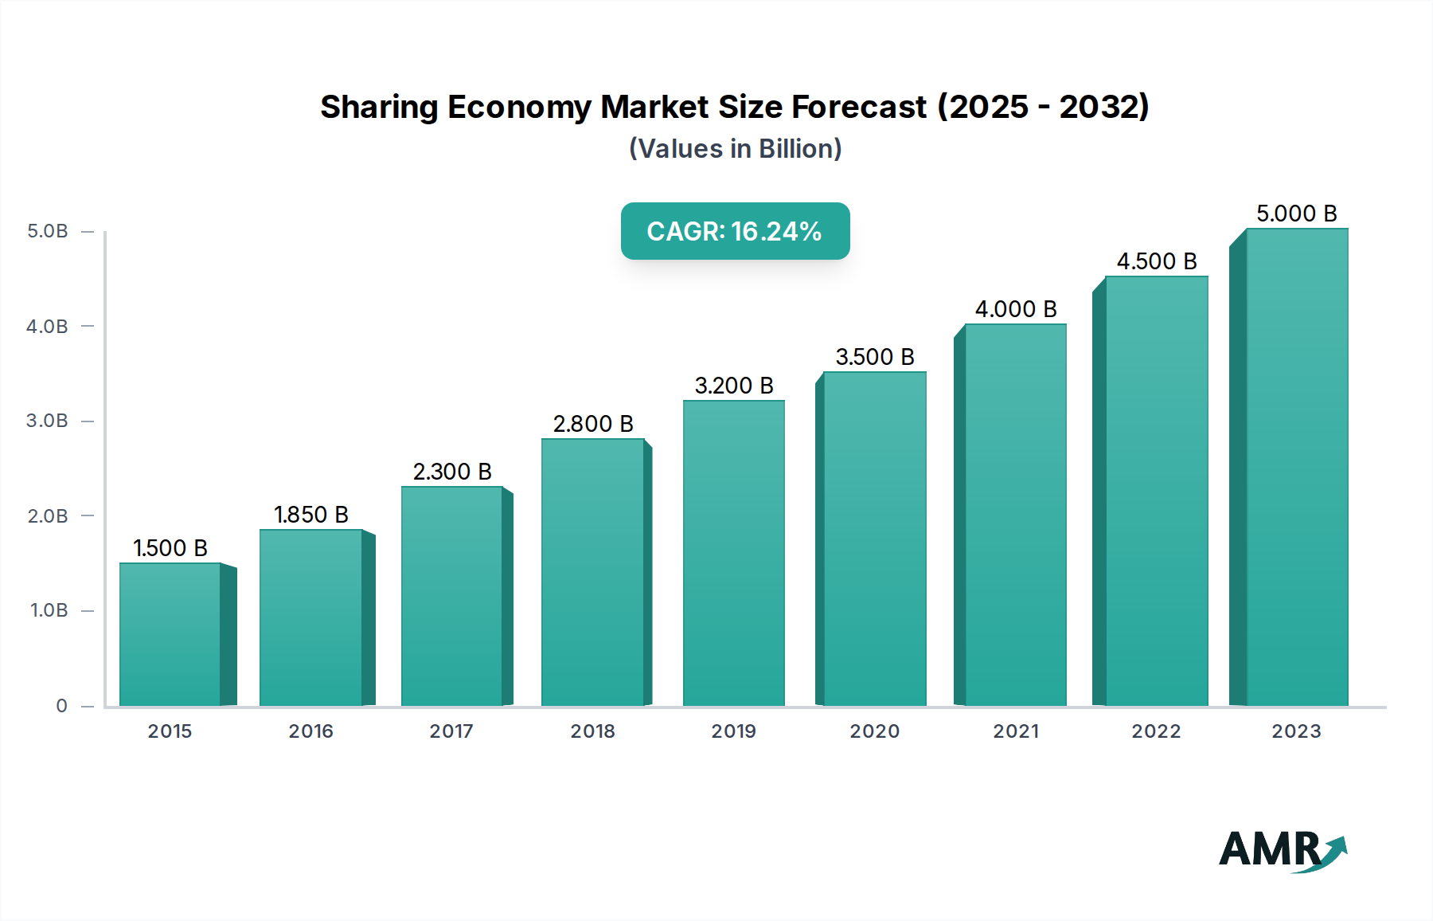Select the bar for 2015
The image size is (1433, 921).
pos(170,634)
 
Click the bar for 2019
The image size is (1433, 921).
pos(733,553)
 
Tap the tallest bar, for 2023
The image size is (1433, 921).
pos(1297,467)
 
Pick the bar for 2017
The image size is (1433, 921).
pos(451,596)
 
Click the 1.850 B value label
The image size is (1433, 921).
pos(311,515)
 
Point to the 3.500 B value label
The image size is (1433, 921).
pos(874,357)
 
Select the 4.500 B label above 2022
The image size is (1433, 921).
pos(1156,261)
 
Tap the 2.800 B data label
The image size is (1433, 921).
pos(593,424)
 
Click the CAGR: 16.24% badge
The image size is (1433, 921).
pos(735,231)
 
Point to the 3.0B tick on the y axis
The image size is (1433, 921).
pos(48,421)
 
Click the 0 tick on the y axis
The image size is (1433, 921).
pos(61,706)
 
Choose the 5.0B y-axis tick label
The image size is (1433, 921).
pos(48,231)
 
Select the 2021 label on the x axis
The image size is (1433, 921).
pos(1015,731)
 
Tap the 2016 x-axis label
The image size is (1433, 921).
pos(310,731)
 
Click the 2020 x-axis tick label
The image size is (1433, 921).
pos(874,731)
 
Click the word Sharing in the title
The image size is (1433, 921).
pos(379,108)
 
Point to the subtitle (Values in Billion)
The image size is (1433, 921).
pos(735,149)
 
